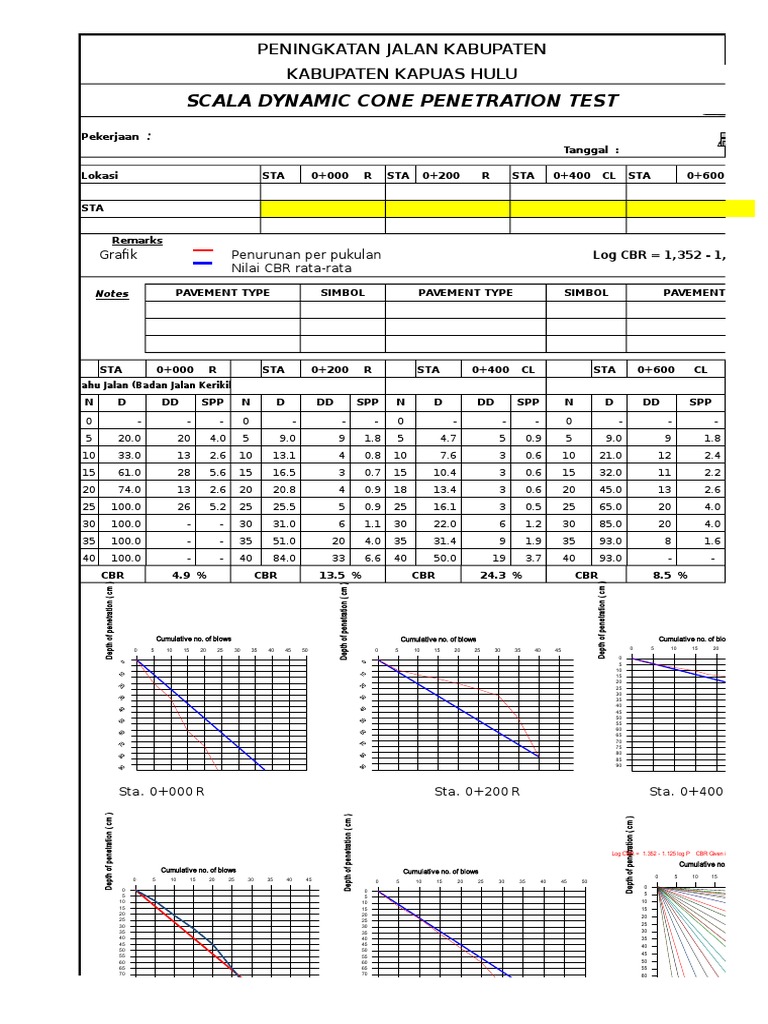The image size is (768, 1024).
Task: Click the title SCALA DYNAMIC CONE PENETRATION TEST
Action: (402, 101)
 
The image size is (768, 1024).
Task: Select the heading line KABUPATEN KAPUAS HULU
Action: (402, 74)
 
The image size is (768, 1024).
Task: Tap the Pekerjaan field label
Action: (115, 137)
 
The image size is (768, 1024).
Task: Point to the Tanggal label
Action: (591, 150)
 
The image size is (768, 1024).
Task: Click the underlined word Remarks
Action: (137, 241)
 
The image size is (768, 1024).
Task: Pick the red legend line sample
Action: (203, 253)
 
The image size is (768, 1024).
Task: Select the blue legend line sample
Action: (203, 264)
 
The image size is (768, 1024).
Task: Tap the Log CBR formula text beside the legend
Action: (659, 255)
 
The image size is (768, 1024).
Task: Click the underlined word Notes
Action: (112, 294)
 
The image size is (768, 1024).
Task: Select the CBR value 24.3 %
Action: (502, 576)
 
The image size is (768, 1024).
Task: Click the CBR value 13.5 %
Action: (341, 576)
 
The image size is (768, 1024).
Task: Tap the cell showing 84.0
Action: (283, 558)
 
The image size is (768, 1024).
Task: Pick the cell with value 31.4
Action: (443, 541)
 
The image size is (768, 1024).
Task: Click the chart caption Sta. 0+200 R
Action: (477, 791)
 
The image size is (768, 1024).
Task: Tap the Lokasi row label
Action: (100, 175)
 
